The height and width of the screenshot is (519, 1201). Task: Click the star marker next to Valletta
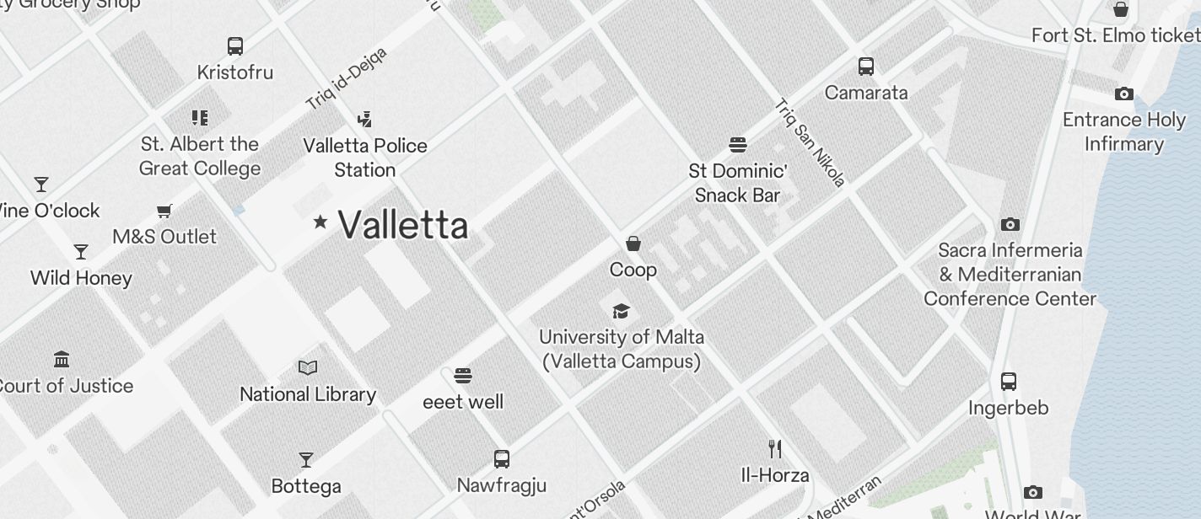coord(320,222)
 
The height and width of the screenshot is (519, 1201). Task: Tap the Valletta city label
coord(402,225)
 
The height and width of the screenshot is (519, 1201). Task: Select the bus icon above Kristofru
coord(235,46)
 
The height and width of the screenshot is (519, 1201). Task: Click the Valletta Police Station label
coord(365,158)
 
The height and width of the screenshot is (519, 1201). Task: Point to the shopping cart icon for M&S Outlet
coord(164,211)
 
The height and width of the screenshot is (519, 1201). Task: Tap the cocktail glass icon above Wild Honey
coord(81,252)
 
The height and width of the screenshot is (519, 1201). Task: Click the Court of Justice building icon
coord(62,360)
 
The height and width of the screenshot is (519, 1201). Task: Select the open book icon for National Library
coord(308,368)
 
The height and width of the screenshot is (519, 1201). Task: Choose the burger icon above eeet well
coord(462,375)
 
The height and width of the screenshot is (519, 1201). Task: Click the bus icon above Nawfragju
coord(502,459)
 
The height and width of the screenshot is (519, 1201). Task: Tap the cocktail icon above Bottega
coord(306,460)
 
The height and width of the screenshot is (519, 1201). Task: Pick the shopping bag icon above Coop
coord(633,243)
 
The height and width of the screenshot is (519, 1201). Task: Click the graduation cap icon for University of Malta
coord(622,311)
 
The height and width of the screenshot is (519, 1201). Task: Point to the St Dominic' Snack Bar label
coord(737,183)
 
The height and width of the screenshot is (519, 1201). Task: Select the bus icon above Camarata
coord(866,67)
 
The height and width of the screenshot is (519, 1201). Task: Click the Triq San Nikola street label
coord(810,142)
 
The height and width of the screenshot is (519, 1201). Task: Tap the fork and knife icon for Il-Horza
coord(775,448)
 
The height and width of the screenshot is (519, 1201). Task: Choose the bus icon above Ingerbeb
coord(1009,382)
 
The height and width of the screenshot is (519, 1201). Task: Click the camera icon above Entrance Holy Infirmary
coord(1124,94)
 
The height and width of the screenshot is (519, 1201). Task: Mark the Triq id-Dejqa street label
coord(346,78)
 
